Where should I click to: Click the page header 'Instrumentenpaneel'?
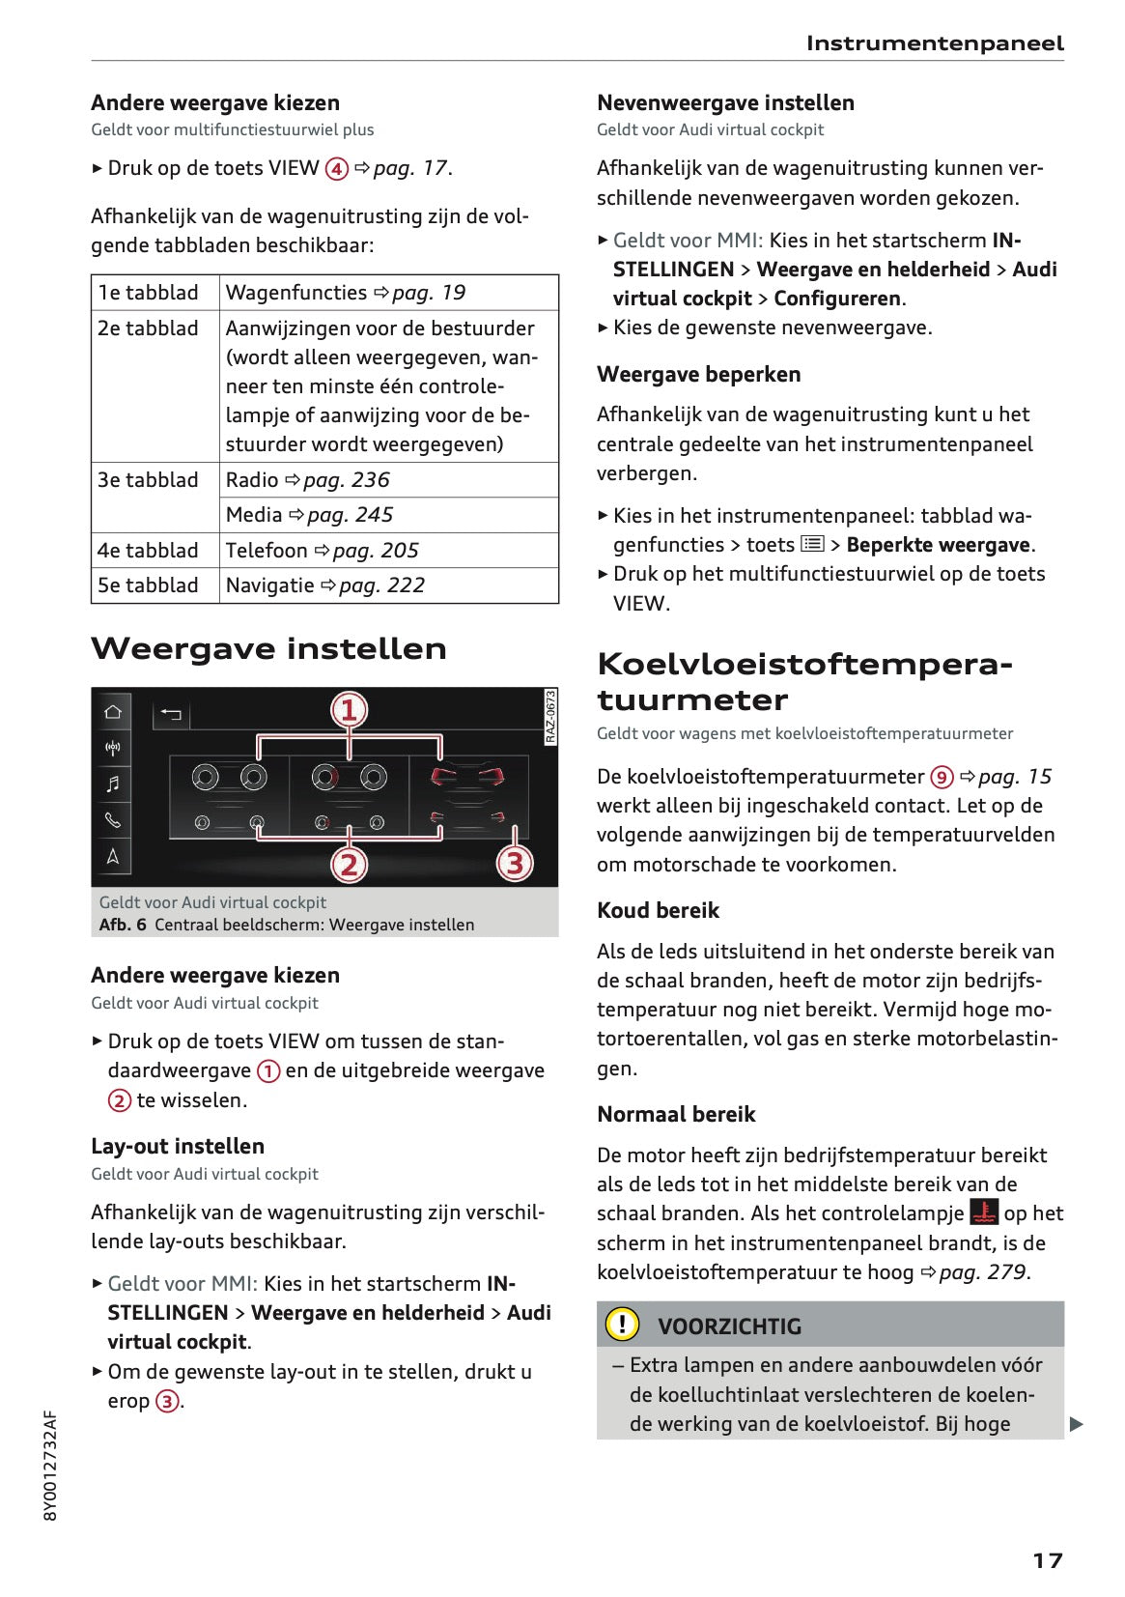point(934,43)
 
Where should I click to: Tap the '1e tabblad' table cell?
point(148,293)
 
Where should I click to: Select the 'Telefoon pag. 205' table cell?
point(322,551)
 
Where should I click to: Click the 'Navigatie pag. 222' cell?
point(324,585)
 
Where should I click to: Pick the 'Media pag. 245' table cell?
point(309,515)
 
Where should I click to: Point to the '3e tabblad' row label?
point(148,480)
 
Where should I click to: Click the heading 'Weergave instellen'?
point(268,648)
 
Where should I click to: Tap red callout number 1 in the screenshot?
point(349,710)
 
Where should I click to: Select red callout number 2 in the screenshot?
point(349,864)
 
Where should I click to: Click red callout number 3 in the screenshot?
point(515,863)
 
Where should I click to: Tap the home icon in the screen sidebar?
point(113,712)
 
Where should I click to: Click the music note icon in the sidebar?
point(113,784)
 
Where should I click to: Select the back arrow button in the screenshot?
point(171,714)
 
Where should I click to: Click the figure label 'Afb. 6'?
point(123,925)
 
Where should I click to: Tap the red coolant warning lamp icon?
point(984,1212)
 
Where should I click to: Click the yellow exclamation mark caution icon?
point(622,1324)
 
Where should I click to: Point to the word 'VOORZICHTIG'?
point(729,1326)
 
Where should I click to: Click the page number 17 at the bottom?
point(1047,1560)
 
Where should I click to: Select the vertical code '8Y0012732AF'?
point(51,1465)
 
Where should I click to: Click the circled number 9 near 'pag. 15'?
point(942,777)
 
